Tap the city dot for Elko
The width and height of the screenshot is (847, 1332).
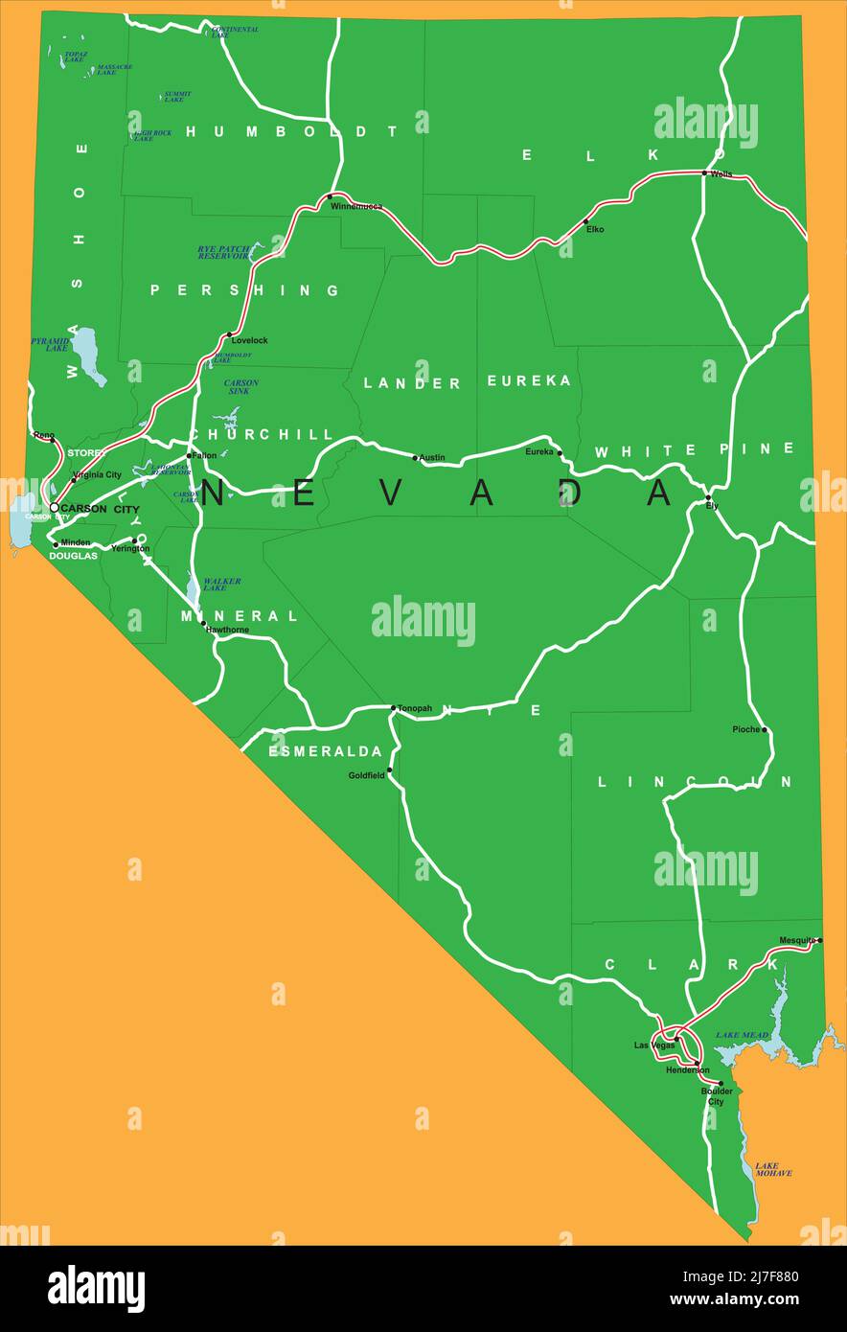[586, 221]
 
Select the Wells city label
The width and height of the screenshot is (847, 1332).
[721, 174]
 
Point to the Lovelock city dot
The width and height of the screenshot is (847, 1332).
[230, 334]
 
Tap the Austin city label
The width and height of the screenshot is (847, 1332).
[432, 458]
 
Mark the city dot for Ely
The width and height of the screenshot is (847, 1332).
[708, 497]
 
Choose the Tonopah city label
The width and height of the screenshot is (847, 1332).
[415, 709]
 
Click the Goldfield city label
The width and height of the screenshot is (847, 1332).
[366, 775]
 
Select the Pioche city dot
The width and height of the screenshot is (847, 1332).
[765, 730]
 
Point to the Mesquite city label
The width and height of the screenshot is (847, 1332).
[797, 940]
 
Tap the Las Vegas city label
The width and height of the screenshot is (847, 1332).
[653, 1045]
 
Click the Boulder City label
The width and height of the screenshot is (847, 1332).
[717, 1096]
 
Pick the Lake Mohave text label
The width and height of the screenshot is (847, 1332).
[773, 1169]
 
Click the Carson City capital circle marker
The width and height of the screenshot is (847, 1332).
[54, 508]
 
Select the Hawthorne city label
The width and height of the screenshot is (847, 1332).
[227, 630]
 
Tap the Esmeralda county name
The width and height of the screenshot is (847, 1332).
[325, 751]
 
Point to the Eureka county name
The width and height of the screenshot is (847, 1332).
[529, 381]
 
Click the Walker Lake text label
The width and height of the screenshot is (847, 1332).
[221, 585]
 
